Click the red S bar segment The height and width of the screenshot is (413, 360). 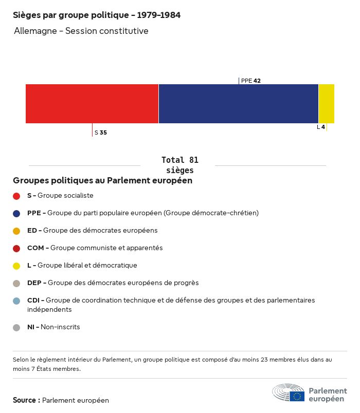pos(92,104)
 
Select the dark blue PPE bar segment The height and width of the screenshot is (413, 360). pos(239,104)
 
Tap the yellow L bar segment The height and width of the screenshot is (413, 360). pos(327,104)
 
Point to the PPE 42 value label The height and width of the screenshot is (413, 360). pos(251,81)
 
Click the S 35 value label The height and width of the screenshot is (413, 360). pos(101,133)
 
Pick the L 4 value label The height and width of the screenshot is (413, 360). pos(321,127)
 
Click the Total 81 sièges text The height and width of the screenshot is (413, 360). pos(179,165)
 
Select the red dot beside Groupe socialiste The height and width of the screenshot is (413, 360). pos(16,196)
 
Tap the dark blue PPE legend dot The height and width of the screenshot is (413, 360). pos(16,213)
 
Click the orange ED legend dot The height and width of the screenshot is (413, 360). pos(16,231)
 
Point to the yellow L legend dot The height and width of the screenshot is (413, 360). pos(16,266)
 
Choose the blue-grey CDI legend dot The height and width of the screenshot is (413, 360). pos(16,301)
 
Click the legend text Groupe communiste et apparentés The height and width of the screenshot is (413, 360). pos(106,248)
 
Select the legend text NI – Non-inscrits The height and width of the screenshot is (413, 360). pos(53,327)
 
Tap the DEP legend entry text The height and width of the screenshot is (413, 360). pos(113,283)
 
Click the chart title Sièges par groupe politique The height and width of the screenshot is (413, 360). pos(97,15)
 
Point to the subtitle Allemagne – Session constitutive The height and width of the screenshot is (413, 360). pos(81,31)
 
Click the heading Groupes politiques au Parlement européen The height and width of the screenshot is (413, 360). pos(103,181)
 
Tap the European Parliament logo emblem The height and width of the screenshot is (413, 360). pos(289,392)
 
